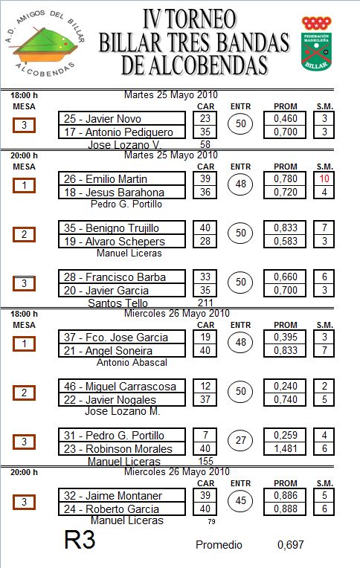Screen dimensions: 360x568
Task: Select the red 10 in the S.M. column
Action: (324, 178)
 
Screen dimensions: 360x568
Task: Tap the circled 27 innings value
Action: (241, 440)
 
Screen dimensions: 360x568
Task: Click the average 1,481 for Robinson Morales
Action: (286, 448)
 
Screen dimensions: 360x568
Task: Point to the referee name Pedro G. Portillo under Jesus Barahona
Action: (126, 204)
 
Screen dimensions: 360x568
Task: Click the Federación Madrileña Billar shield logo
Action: (317, 43)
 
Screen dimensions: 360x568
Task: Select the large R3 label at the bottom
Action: (80, 540)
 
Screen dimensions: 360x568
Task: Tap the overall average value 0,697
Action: (290, 544)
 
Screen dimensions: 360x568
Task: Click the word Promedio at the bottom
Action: (219, 544)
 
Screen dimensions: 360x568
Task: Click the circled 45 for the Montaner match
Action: (241, 500)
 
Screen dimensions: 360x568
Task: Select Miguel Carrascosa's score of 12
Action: (205, 386)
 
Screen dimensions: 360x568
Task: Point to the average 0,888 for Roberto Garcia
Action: (286, 509)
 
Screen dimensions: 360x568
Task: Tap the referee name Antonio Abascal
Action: (132, 362)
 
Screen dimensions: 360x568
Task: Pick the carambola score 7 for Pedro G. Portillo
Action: (205, 435)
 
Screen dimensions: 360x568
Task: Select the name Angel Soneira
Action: (119, 351)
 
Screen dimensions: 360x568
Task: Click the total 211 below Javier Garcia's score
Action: (205, 303)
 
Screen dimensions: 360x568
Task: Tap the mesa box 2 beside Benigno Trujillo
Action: (24, 234)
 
